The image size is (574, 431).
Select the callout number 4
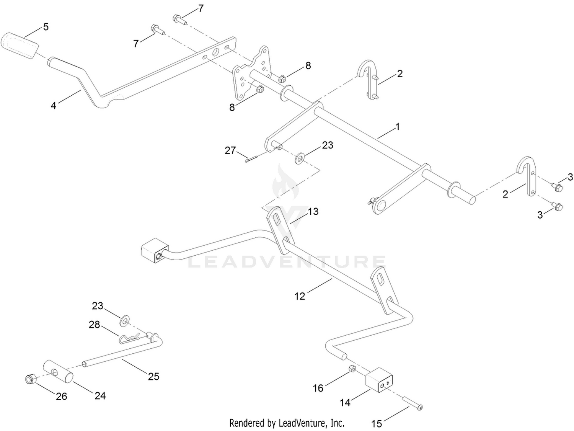(54, 105)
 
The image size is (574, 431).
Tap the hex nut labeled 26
(29, 379)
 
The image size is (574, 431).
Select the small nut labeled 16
(352, 369)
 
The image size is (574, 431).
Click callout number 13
(313, 211)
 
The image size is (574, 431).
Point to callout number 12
(300, 296)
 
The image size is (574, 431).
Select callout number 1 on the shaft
(397, 127)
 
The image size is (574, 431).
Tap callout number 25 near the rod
(153, 376)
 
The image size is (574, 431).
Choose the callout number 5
(46, 27)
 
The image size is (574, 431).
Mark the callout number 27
(230, 150)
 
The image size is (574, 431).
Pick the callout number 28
(94, 325)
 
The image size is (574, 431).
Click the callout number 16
(318, 388)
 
